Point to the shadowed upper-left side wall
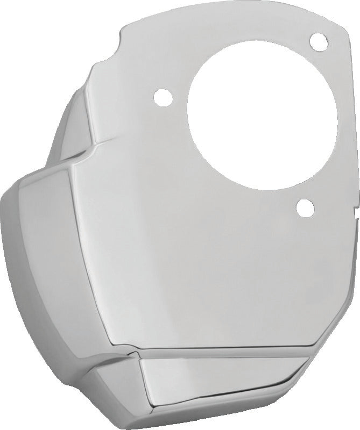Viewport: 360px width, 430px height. click(75, 118)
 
